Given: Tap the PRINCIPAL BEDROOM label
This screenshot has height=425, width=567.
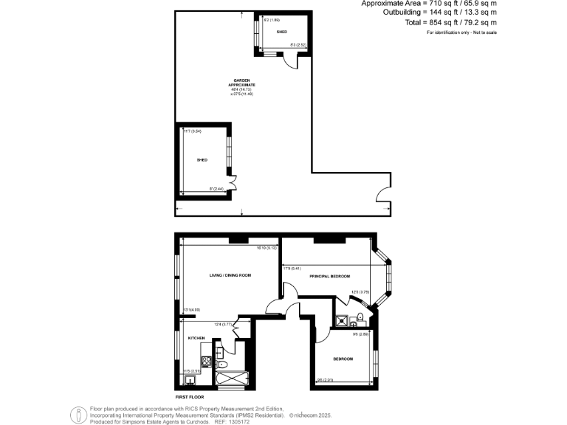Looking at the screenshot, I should pos(329,275).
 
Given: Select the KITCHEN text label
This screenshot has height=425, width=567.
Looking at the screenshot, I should pos(196,338).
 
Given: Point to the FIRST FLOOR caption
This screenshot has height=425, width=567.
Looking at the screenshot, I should pos(189,397).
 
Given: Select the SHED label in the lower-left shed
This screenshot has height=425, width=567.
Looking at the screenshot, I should pos(202,159).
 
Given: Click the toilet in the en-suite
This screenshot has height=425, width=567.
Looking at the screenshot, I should pos(360,319).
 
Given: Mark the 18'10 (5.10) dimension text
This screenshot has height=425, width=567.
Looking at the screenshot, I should pos(267,248).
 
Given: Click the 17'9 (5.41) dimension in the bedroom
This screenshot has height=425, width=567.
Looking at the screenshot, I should pos(292,268).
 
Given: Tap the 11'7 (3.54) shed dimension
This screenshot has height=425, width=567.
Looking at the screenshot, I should pos(193,131).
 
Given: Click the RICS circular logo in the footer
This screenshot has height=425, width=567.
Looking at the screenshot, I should pos(78,415).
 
